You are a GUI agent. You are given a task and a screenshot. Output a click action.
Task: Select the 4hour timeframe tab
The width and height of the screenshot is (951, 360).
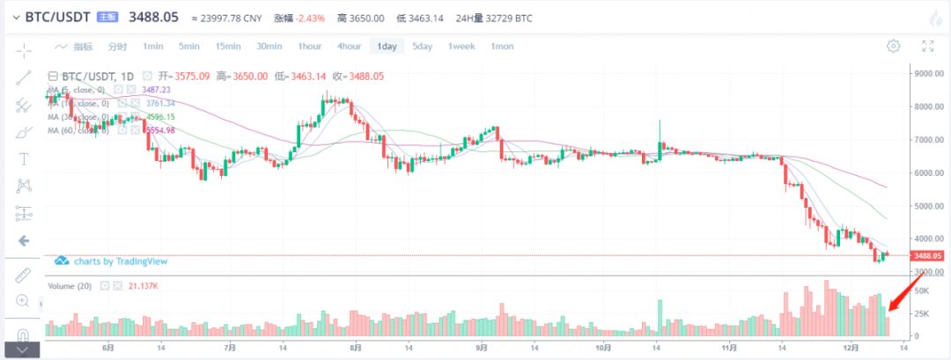click(349, 47)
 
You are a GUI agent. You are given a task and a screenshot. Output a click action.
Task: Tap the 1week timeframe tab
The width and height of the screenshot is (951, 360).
click(462, 47)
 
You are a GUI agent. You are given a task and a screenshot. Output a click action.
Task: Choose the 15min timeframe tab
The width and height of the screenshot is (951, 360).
click(228, 47)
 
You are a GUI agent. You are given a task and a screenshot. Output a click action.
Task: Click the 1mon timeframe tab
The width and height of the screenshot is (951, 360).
click(502, 47)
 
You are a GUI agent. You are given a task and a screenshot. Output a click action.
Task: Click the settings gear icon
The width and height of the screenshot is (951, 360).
click(894, 46)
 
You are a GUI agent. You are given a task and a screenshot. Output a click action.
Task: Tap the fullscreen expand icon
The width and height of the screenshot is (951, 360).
click(927, 46)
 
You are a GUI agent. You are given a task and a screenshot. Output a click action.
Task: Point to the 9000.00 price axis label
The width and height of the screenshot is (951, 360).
click(929, 74)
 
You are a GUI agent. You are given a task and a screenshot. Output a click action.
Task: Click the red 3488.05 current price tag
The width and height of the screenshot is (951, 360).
click(928, 255)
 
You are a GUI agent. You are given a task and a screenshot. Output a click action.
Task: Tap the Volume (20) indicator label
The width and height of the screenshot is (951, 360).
click(70, 286)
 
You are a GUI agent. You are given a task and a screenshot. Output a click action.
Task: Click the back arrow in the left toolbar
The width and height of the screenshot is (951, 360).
click(24, 240)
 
